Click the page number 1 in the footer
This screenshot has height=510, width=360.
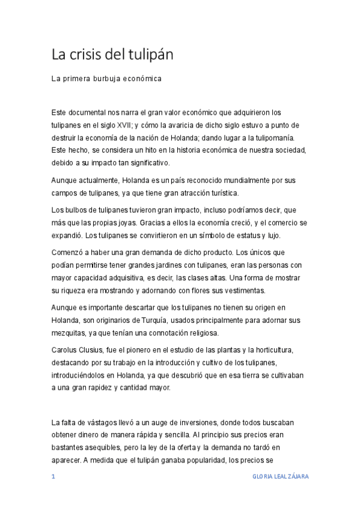tap(53, 476)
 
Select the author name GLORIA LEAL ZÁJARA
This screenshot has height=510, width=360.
tap(281, 476)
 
